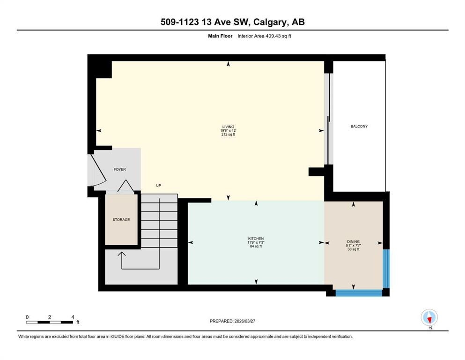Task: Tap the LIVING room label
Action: [x=228, y=126]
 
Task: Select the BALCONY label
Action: [x=359, y=126]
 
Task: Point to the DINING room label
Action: [x=353, y=241]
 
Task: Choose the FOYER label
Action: [x=120, y=169]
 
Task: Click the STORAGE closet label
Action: [x=121, y=219]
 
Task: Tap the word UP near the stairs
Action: [x=159, y=186]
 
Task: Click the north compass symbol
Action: [x=429, y=317]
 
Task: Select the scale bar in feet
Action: [x=50, y=322]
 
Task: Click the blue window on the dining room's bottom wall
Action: [x=359, y=293]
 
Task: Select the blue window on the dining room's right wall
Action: [x=386, y=268]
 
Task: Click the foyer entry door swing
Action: [x=96, y=169]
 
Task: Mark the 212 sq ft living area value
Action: [x=228, y=135]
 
